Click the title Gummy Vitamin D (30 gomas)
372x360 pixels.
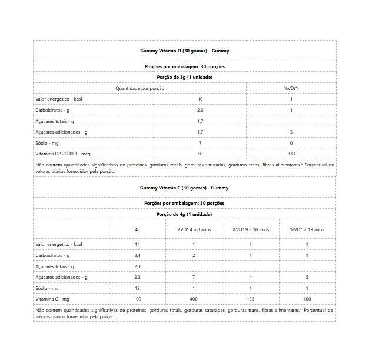184,51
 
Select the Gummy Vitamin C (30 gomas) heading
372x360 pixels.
184,188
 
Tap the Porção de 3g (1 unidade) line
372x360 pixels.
184,77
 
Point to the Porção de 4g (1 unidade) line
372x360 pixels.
184,214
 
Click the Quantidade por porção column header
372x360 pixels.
139,88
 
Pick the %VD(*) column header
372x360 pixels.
291,88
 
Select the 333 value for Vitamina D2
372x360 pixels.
291,154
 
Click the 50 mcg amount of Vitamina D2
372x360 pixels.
200,154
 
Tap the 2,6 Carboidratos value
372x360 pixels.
200,110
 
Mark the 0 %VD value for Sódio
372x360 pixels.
291,143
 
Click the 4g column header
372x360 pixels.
137,229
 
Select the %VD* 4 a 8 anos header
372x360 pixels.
193,229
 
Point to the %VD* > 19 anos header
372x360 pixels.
307,229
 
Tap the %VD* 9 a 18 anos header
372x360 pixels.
250,229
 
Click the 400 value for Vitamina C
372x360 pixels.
193,299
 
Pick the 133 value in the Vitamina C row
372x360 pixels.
250,299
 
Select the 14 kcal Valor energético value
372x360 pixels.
137,244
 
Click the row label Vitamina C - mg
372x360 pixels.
52,299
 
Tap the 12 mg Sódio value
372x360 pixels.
137,288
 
